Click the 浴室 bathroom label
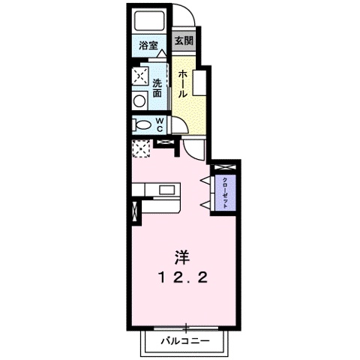[x=148, y=46]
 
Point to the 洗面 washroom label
[x=158, y=88]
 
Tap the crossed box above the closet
[x=223, y=167]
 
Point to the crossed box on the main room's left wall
[x=134, y=211]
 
